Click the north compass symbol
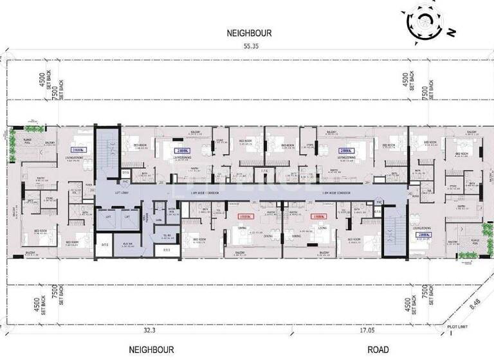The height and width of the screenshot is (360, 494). pyautogui.click(x=425, y=22)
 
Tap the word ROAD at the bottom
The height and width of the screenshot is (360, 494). pyautogui.click(x=378, y=350)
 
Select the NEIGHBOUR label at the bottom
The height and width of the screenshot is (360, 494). pyautogui.click(x=151, y=350)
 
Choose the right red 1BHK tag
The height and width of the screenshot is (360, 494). pyautogui.click(x=318, y=217)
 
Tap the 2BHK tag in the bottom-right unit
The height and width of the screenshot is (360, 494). pyautogui.click(x=422, y=235)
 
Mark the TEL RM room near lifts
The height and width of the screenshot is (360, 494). pyautogui.click(x=166, y=236)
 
